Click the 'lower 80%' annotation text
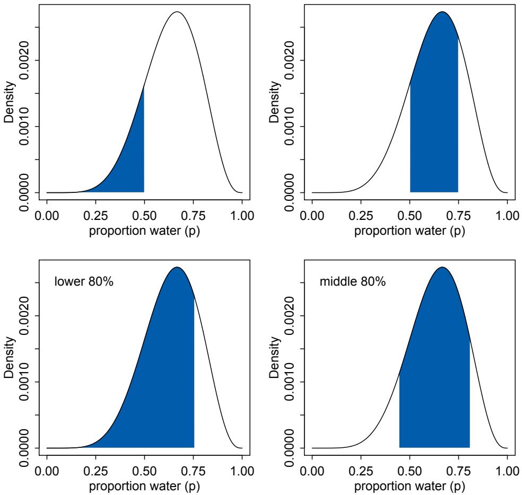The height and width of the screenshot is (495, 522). pyautogui.click(x=84, y=281)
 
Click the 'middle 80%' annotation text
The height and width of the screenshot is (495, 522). pyautogui.click(x=352, y=281)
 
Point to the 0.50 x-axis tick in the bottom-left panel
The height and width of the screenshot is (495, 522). pyautogui.click(x=144, y=471)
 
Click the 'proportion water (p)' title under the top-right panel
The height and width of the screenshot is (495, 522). pyautogui.click(x=410, y=231)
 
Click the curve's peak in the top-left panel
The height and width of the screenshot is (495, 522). pyautogui.click(x=177, y=12)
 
